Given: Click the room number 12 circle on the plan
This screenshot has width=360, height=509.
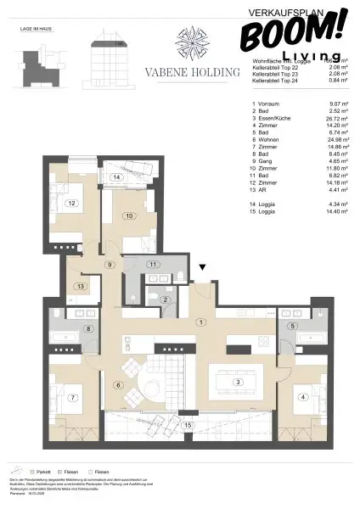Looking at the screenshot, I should click(73, 203).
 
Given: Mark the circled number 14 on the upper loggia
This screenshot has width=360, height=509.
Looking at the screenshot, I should click(115, 177).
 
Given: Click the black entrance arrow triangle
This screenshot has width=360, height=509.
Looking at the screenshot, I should click(202, 268).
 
